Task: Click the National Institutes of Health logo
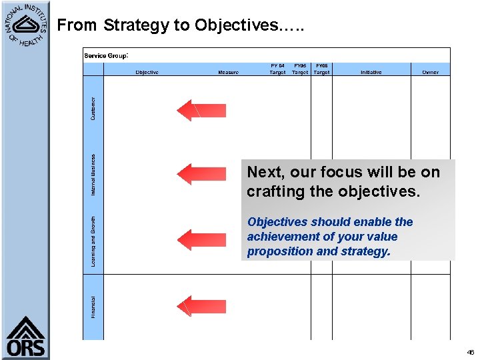coord(25,25)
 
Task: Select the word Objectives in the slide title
coord(237,25)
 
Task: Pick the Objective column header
coord(147,72)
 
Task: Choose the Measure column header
coord(228,72)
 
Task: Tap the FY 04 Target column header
coord(277,69)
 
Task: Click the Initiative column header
coord(371,72)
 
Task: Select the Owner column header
coord(430,72)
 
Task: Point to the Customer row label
coord(93,109)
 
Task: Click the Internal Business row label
coord(93,175)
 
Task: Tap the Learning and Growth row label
coord(93,241)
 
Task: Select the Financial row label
coord(93,307)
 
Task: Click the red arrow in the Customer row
coord(201,110)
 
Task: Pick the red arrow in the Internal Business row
coord(201,174)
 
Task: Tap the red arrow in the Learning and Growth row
coord(201,239)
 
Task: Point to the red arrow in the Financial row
coord(201,306)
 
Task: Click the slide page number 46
coord(470,351)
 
